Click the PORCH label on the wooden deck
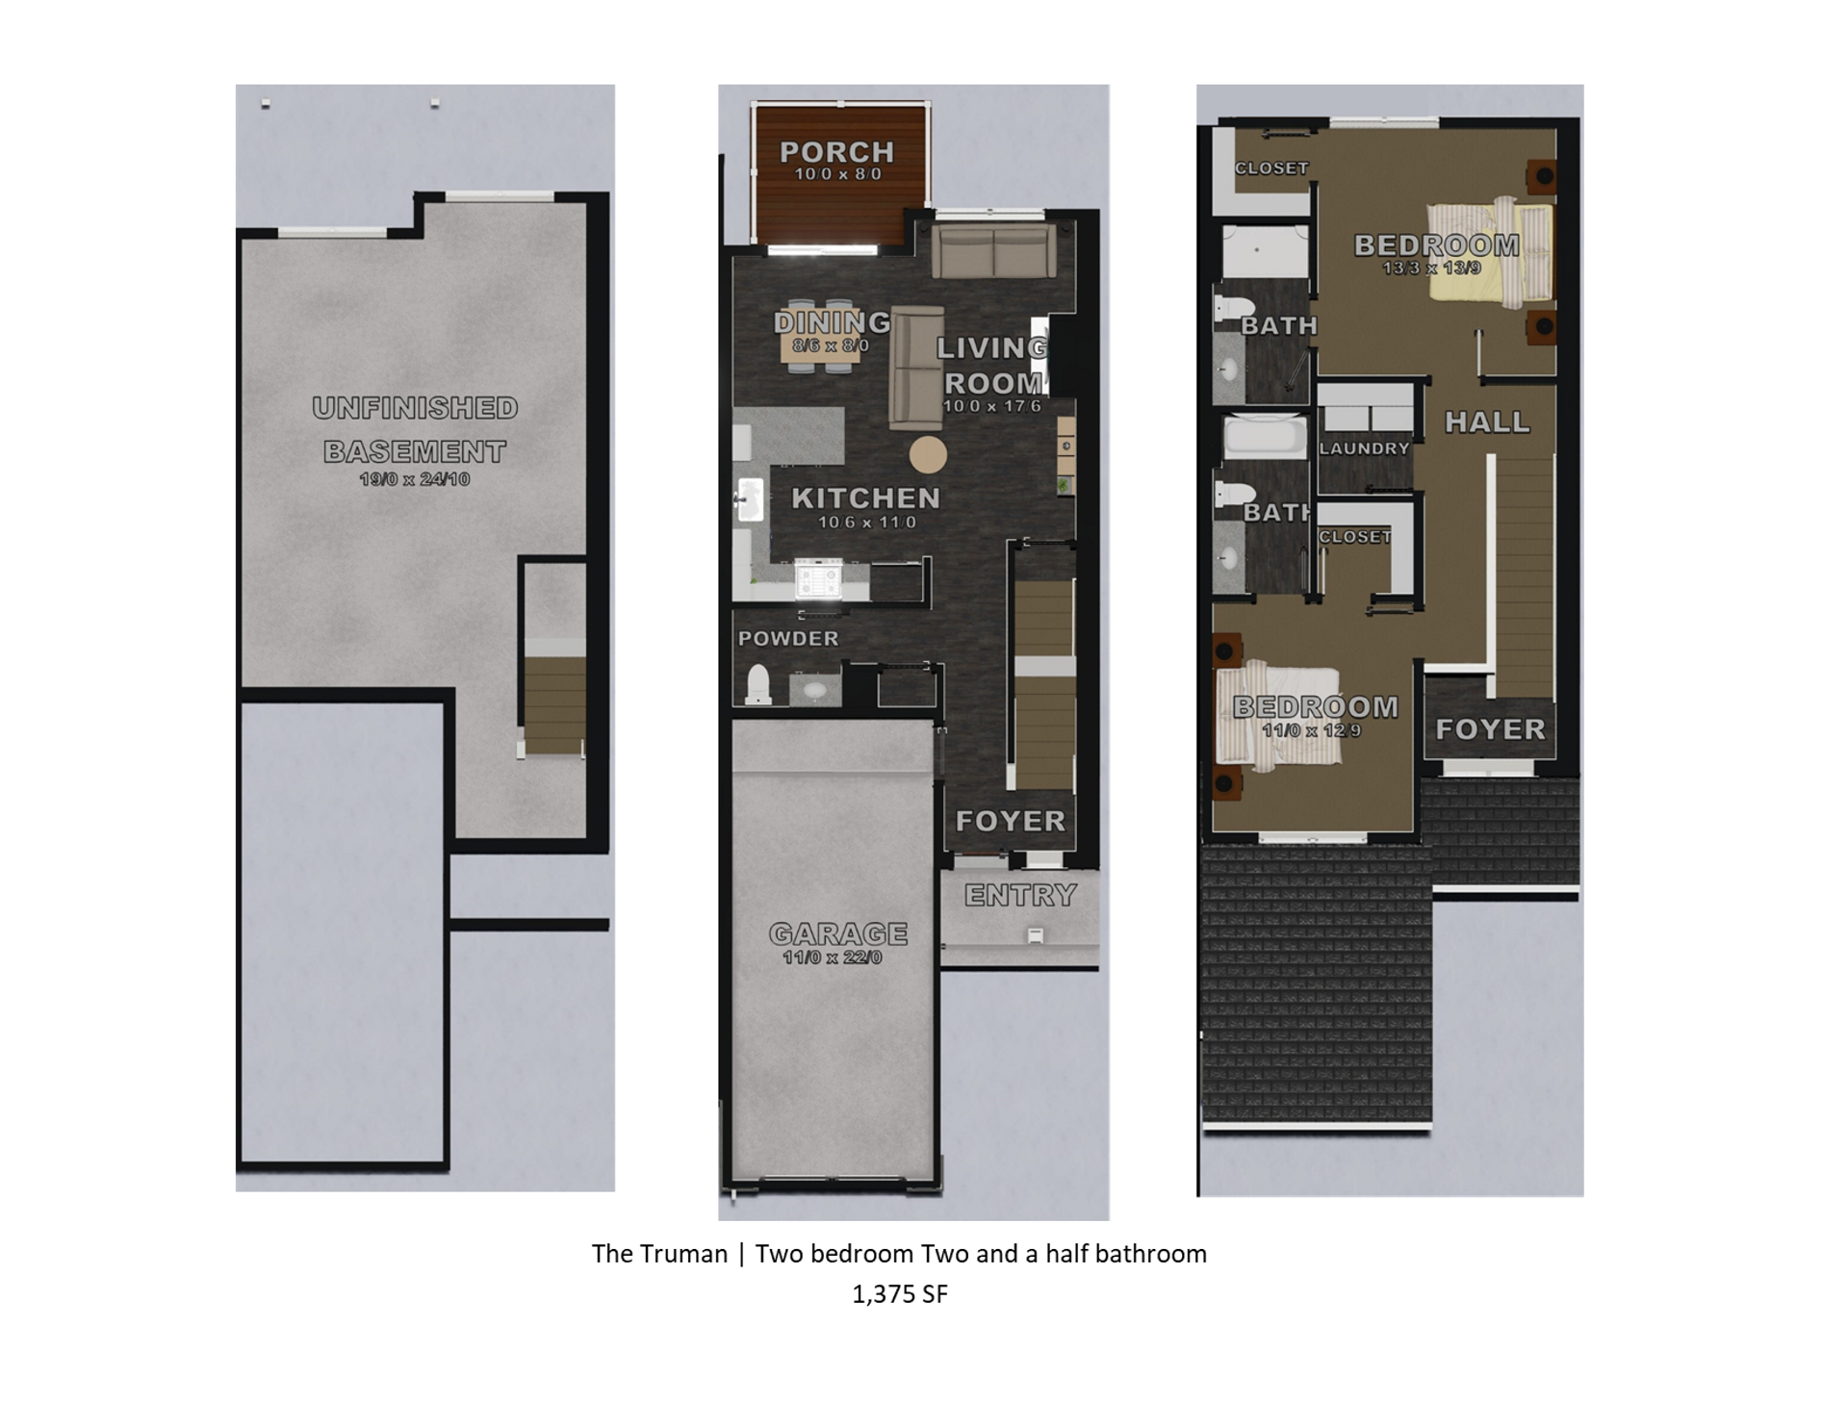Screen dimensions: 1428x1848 pyautogui.click(x=836, y=152)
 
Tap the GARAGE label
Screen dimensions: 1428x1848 pyautogui.click(x=837, y=933)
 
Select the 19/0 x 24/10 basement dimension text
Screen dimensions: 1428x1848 pyautogui.click(x=415, y=479)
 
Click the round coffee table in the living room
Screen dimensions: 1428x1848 pyautogui.click(x=928, y=455)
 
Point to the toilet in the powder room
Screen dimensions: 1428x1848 pyautogui.click(x=758, y=684)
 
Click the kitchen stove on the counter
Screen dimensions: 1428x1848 pyautogui.click(x=818, y=581)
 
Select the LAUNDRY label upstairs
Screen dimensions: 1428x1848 pyautogui.click(x=1364, y=448)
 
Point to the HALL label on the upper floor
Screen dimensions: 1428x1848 pyautogui.click(x=1487, y=421)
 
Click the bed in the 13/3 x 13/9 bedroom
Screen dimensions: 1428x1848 pyautogui.click(x=1489, y=249)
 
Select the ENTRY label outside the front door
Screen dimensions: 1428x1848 pyautogui.click(x=1020, y=896)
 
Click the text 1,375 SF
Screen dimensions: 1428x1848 pyautogui.click(x=900, y=1294)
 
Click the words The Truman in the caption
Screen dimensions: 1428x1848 pyautogui.click(x=659, y=1254)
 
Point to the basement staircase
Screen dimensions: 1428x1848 pyautogui.click(x=554, y=702)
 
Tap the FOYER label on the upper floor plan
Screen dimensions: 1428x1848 pyautogui.click(x=1490, y=729)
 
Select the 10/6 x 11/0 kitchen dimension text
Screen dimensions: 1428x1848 pyautogui.click(x=866, y=523)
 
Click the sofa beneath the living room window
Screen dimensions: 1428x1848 pyautogui.click(x=993, y=251)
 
